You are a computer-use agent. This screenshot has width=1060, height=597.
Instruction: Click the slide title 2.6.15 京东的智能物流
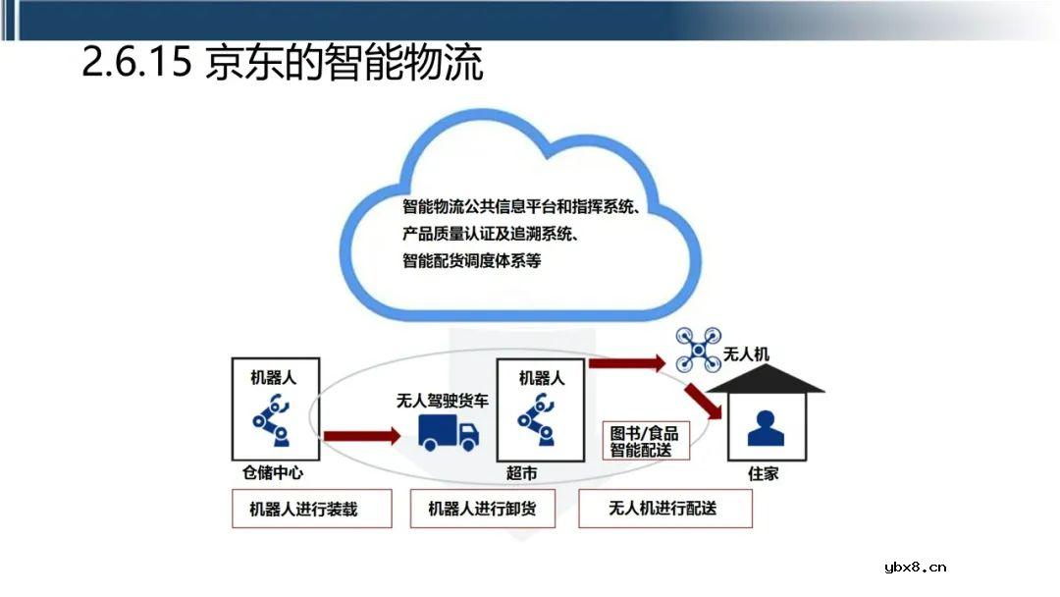tap(282, 64)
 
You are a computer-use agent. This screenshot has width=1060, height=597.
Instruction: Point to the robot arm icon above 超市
tap(539, 417)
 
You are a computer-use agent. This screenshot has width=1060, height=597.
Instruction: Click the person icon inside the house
tap(765, 427)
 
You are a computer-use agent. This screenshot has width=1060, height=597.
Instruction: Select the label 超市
tap(522, 473)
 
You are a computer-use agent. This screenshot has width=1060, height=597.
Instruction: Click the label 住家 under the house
tap(764, 473)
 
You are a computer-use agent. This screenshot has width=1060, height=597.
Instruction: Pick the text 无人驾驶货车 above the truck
tap(442, 401)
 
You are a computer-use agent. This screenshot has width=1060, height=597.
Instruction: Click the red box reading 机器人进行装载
tap(311, 510)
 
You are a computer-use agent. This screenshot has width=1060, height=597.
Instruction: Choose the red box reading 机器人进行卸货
tap(483, 510)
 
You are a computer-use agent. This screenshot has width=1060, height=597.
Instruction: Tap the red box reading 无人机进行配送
tap(664, 509)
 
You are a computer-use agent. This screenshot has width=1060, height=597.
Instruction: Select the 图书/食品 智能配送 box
tap(645, 441)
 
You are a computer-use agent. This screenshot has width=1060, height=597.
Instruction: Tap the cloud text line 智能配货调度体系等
tap(471, 261)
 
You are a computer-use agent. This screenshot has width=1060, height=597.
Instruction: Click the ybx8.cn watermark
tap(914, 567)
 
